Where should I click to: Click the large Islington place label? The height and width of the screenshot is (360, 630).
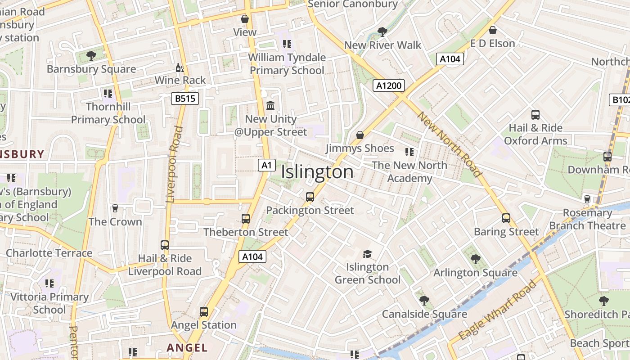point(317,172)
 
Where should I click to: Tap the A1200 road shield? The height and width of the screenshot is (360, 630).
point(389,85)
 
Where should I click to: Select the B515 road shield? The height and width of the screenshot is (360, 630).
point(185,99)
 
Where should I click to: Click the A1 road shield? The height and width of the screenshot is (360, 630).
point(266,165)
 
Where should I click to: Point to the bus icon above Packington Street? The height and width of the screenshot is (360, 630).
point(310,197)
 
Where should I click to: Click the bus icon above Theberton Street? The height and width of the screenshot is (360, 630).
point(245,219)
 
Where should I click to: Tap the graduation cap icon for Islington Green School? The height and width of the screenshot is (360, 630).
point(367,254)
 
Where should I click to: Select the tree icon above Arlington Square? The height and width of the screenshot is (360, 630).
point(475,259)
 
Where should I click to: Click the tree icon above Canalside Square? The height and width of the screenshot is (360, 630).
point(424,300)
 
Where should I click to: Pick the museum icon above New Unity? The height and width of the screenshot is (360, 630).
point(270,106)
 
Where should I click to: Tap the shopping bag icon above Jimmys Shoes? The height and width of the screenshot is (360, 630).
point(360,135)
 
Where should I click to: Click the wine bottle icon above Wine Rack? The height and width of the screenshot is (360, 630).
point(180,68)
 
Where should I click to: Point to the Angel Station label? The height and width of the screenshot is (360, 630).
point(204,325)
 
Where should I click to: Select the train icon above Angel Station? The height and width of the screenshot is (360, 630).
point(204,311)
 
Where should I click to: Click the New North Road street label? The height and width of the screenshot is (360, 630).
point(449,144)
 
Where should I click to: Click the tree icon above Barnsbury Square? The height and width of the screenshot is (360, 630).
point(91,56)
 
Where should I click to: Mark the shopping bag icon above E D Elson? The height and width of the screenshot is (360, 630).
point(493,31)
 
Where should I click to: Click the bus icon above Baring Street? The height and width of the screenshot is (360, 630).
point(506,218)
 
